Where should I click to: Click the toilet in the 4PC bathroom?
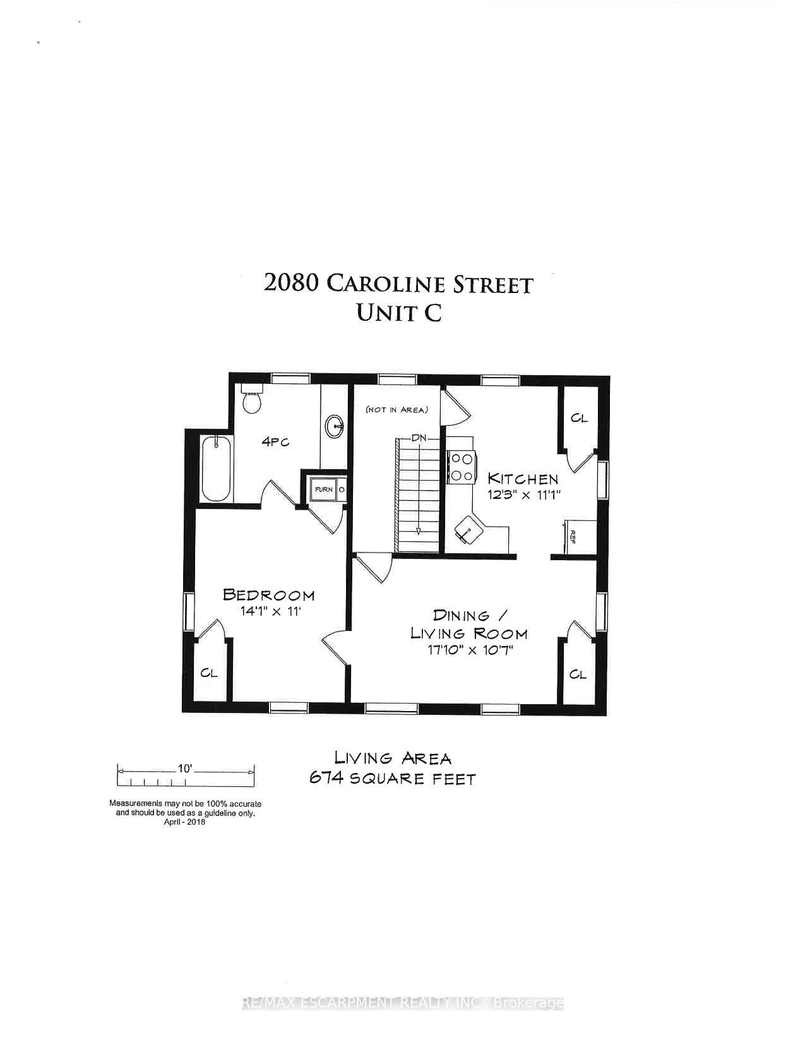tap(252, 400)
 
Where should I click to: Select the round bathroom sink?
tap(335, 427)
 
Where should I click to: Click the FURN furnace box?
tap(324, 489)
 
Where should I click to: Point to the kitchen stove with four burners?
tap(462, 467)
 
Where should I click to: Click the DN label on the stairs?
tap(417, 438)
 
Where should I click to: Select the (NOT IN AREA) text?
tap(397, 410)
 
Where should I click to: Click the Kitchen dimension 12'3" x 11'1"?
tap(523, 494)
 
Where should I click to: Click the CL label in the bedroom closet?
tap(209, 673)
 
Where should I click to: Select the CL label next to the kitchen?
tap(579, 418)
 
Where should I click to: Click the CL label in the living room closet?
tap(578, 674)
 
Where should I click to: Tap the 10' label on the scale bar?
tap(184, 769)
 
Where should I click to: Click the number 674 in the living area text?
tap(326, 779)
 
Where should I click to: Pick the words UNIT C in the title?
tap(398, 312)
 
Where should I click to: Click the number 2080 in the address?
tap(290, 283)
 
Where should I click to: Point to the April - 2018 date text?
tap(184, 822)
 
